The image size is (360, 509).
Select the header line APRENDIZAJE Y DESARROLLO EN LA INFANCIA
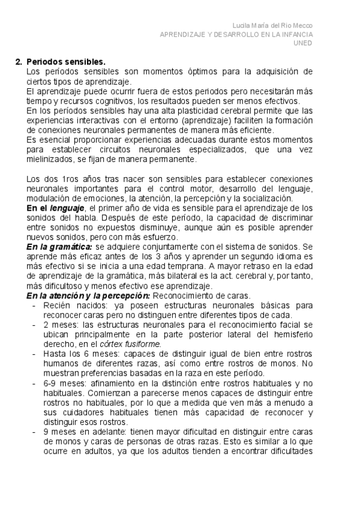pyautogui.click(x=236, y=34)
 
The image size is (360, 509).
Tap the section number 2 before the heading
pyautogui.click(x=18, y=62)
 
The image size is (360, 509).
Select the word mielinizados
pyautogui.click(x=50, y=160)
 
